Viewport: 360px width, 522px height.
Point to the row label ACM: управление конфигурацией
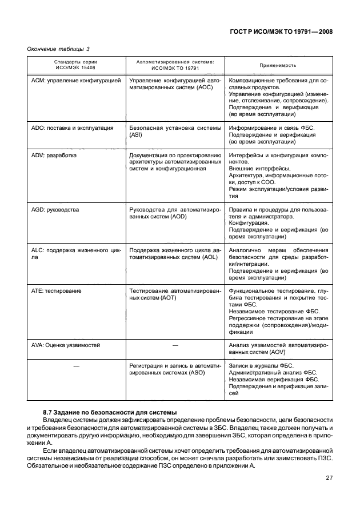tap(75, 81)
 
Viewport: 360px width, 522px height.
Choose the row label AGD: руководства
tap(55, 210)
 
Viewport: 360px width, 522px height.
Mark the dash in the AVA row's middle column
tap(175, 346)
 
